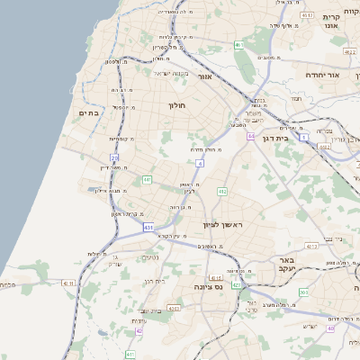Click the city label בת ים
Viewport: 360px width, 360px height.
(88, 112)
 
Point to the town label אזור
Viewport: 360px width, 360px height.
(204, 77)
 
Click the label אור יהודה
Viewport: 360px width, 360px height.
(320, 75)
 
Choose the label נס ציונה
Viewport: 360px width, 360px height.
(207, 286)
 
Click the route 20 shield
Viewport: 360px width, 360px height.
(114, 158)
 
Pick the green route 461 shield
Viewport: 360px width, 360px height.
(238, 45)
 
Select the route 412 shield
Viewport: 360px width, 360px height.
(222, 192)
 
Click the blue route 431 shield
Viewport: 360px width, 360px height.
(148, 228)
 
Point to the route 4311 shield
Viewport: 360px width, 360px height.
(68, 283)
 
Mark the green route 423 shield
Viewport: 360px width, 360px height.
(236, 285)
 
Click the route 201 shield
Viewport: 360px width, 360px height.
(303, 292)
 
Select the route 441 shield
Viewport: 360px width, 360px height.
(147, 180)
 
